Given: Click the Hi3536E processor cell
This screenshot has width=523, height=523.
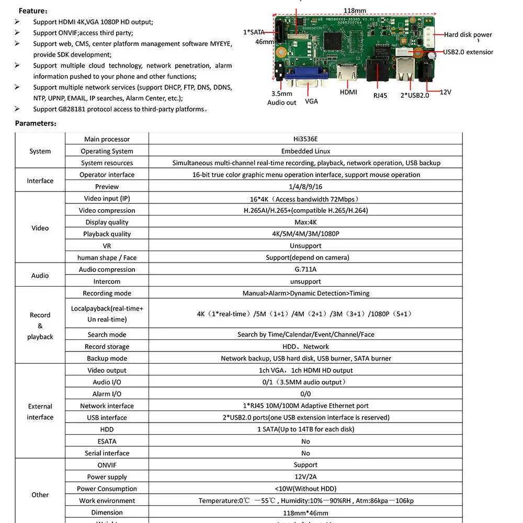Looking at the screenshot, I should tap(305, 139).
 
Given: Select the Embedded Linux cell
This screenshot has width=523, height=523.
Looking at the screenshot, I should tap(305, 151).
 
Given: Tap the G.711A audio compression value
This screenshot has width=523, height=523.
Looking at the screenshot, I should tap(305, 269).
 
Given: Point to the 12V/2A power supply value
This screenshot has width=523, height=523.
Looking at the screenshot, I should tap(305, 476).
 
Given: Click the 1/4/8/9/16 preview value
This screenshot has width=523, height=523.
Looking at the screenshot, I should tap(305, 187).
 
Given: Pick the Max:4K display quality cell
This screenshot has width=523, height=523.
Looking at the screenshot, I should tap(305, 222).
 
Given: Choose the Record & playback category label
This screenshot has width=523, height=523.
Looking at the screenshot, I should tap(40, 326).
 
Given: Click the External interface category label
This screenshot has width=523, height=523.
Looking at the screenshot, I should tap(40, 412).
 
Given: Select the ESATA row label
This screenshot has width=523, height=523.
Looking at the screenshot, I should tap(107, 441).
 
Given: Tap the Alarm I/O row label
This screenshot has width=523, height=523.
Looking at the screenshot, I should tap(107, 394).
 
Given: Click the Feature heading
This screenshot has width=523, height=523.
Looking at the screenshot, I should tap(33, 10).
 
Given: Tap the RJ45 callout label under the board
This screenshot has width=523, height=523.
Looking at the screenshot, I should tap(380, 96).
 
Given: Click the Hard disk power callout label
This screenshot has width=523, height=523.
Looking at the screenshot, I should tap(468, 35).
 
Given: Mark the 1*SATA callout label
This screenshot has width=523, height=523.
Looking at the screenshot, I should tap(254, 32).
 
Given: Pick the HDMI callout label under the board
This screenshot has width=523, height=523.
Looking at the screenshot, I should tap(348, 92).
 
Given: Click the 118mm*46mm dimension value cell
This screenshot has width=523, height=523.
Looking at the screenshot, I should tap(305, 513).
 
